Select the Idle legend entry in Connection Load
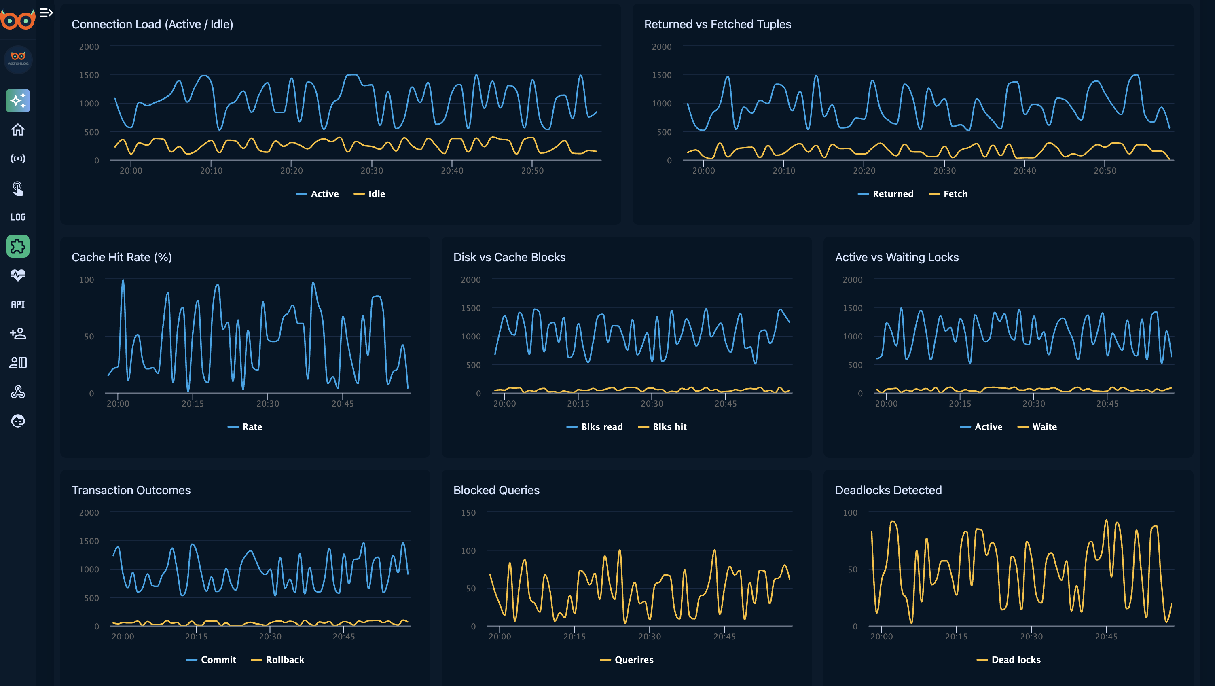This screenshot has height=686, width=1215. tap(376, 194)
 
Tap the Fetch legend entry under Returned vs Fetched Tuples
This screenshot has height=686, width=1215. tap(955, 194)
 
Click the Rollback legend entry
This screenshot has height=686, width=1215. tap(284, 660)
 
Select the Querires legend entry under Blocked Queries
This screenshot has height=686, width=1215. tap(633, 660)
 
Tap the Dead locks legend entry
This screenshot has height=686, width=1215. tap(1016, 660)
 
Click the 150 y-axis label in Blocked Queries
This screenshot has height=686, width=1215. tap(468, 513)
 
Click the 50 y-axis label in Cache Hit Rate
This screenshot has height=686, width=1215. tap(89, 337)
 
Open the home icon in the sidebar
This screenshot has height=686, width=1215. tap(18, 130)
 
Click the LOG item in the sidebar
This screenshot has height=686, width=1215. tap(18, 217)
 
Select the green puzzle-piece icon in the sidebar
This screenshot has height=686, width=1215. tap(18, 246)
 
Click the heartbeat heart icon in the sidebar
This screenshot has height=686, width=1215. tap(18, 275)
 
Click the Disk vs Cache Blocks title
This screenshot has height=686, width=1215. tap(509, 257)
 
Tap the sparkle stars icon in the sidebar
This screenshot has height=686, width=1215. tap(18, 100)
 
